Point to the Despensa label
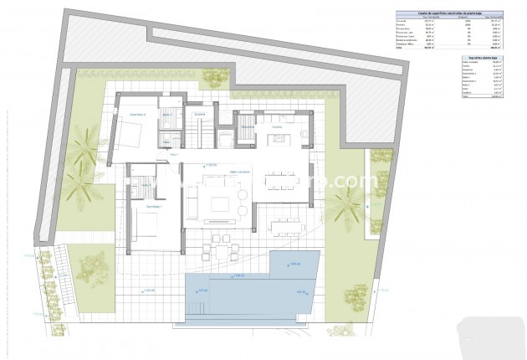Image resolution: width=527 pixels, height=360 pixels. tap(248, 127)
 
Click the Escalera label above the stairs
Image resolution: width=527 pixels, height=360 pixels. tap(199, 114)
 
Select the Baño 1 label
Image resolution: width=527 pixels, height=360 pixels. tap(147, 183)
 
